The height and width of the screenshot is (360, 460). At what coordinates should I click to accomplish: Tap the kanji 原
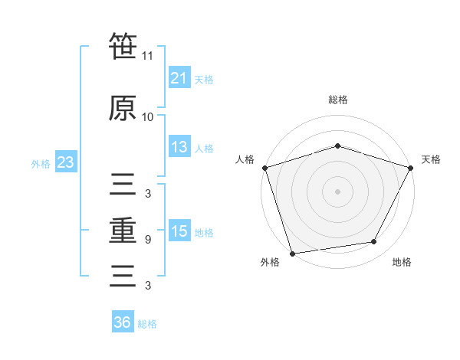pyautogui.click(x=123, y=108)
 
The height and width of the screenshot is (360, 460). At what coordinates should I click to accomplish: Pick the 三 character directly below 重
pyautogui.click(x=123, y=275)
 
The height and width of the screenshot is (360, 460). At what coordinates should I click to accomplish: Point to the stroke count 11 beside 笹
pyautogui.click(x=148, y=56)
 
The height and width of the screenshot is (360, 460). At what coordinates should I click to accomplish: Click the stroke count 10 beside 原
pyautogui.click(x=148, y=117)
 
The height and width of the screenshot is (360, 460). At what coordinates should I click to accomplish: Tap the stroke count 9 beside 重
pyautogui.click(x=148, y=240)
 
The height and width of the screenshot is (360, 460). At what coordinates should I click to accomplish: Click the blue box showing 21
pyautogui.click(x=179, y=78)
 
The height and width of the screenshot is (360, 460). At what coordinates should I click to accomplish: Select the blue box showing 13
pyautogui.click(x=179, y=147)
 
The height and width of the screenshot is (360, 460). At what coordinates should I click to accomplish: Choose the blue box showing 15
pyautogui.click(x=179, y=231)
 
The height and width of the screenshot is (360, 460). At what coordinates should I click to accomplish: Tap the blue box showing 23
pyautogui.click(x=64, y=162)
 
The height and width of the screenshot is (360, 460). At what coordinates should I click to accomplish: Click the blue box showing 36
pyautogui.click(x=122, y=322)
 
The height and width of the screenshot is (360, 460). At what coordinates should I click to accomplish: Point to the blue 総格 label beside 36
pyautogui.click(x=147, y=324)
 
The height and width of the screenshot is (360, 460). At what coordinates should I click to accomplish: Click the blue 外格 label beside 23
pyautogui.click(x=41, y=164)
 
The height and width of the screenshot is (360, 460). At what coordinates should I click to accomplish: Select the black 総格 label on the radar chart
pyautogui.click(x=337, y=100)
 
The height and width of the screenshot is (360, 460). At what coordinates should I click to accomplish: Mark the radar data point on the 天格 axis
pyautogui.click(x=410, y=168)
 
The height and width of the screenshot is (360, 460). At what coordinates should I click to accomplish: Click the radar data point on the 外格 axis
pyautogui.click(x=292, y=253)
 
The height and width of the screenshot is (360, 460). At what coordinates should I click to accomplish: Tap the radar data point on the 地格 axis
pyautogui.click(x=374, y=242)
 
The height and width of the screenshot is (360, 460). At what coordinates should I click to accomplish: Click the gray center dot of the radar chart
pyautogui.click(x=337, y=191)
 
